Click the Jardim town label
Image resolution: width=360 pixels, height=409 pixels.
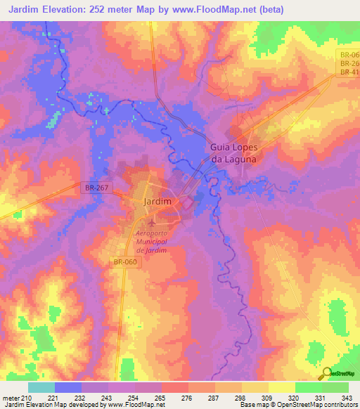click(x=157, y=201)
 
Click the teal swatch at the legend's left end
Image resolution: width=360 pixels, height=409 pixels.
click(x=41, y=387)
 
